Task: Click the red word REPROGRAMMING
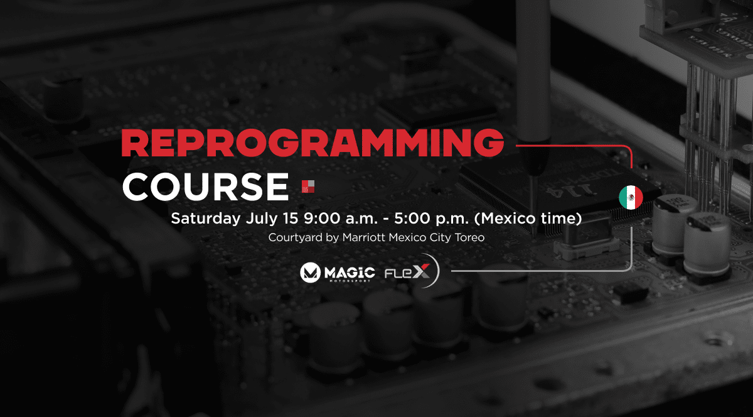pos(312,143)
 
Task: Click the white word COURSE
pos(205,187)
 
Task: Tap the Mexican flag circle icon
pos(631,197)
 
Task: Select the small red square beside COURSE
pos(308,187)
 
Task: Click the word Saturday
pos(206,219)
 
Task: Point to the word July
pos(262,219)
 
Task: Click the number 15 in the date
pos(291,219)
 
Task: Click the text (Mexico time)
pos(528,219)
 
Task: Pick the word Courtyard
pos(295,237)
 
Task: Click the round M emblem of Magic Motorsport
pos(310,273)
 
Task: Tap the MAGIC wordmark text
pos(350,273)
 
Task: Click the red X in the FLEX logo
pos(421,271)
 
